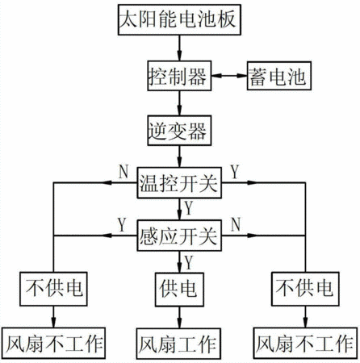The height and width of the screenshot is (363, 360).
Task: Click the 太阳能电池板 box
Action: point(179,19)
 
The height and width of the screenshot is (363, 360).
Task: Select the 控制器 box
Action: point(179,76)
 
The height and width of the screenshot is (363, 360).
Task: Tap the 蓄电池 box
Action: point(279,76)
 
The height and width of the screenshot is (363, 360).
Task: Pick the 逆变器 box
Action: point(179,131)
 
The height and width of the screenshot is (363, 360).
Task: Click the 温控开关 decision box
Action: point(179,183)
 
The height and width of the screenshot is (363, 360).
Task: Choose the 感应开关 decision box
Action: point(179,236)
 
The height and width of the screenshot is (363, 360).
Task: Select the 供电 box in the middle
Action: point(179,289)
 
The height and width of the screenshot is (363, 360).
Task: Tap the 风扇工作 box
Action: point(178,344)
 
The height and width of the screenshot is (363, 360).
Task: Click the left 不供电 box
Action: point(53,289)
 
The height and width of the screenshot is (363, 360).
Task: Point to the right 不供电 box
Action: point(305,289)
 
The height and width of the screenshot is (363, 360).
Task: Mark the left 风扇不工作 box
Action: point(53,343)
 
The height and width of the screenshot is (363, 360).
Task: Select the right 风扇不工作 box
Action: point(305,343)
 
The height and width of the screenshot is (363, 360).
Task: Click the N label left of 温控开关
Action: point(123,171)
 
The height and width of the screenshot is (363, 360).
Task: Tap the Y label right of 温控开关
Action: point(235,172)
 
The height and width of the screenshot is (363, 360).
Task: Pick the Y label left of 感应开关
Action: point(122,224)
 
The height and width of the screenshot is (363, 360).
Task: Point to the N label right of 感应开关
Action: point(236,224)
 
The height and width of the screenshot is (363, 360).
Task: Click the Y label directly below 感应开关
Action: point(189,262)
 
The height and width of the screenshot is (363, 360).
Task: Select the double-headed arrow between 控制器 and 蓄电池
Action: point(229,76)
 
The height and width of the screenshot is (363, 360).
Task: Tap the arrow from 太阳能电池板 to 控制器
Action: point(179,48)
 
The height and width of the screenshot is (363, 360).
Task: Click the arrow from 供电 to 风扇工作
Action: point(179,317)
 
